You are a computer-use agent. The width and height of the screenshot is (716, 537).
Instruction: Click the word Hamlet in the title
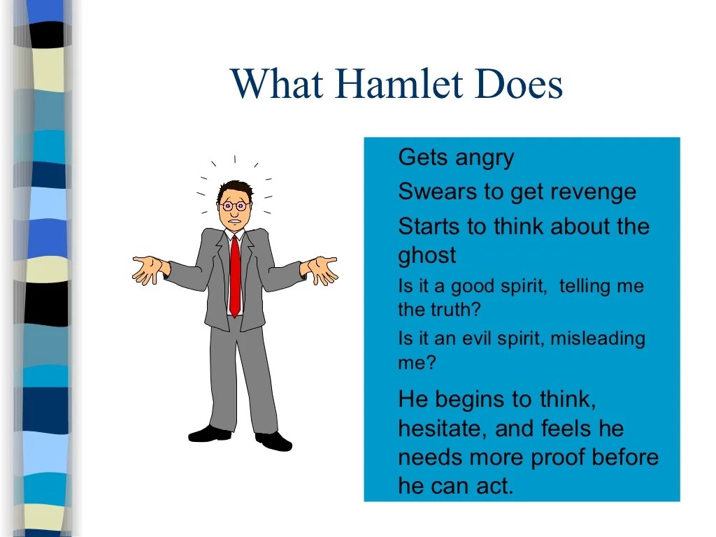(399, 84)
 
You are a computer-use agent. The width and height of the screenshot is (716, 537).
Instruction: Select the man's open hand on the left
(149, 269)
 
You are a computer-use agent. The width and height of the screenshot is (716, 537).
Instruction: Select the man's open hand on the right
(322, 269)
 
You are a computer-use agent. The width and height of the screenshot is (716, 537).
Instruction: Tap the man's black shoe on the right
(273, 441)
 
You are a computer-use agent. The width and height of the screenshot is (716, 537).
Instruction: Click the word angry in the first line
(485, 158)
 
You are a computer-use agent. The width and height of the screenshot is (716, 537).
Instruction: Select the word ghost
(427, 255)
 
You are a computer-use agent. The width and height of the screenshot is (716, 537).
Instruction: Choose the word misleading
(598, 339)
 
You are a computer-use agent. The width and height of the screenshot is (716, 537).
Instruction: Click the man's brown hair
(234, 189)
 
